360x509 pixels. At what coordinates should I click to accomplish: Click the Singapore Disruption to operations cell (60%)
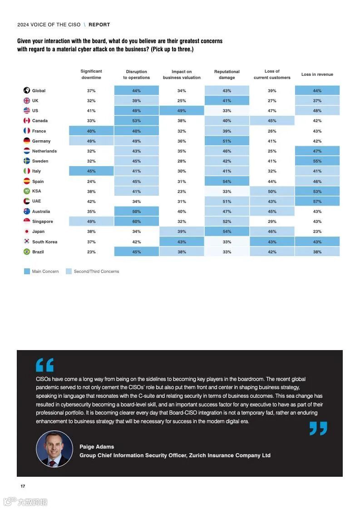136,222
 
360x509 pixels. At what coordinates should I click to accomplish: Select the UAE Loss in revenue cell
317,201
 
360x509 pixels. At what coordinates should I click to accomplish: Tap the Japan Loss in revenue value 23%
317,232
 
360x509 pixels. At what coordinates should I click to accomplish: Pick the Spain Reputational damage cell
227,181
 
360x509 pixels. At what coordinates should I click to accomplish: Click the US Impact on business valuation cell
182,111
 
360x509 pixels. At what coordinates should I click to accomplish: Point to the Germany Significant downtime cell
91,141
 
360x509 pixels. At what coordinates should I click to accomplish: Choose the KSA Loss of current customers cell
272,191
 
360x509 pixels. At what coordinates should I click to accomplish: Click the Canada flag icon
27,121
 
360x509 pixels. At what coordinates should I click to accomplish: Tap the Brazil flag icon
27,252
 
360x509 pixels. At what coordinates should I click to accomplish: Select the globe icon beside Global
27,90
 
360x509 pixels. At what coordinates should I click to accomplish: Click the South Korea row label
44,242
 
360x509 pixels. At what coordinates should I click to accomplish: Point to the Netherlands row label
44,151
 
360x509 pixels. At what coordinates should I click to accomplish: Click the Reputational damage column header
227,74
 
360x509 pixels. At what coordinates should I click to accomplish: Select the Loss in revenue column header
317,74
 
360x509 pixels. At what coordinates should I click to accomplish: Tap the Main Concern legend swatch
27,272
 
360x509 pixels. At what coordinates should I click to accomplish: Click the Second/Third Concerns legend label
96,272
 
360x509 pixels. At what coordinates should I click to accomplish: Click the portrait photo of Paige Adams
54,449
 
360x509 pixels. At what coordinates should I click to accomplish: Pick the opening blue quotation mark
44,365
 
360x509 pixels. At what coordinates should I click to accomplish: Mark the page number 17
23,486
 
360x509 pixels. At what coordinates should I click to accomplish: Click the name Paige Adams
97,447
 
